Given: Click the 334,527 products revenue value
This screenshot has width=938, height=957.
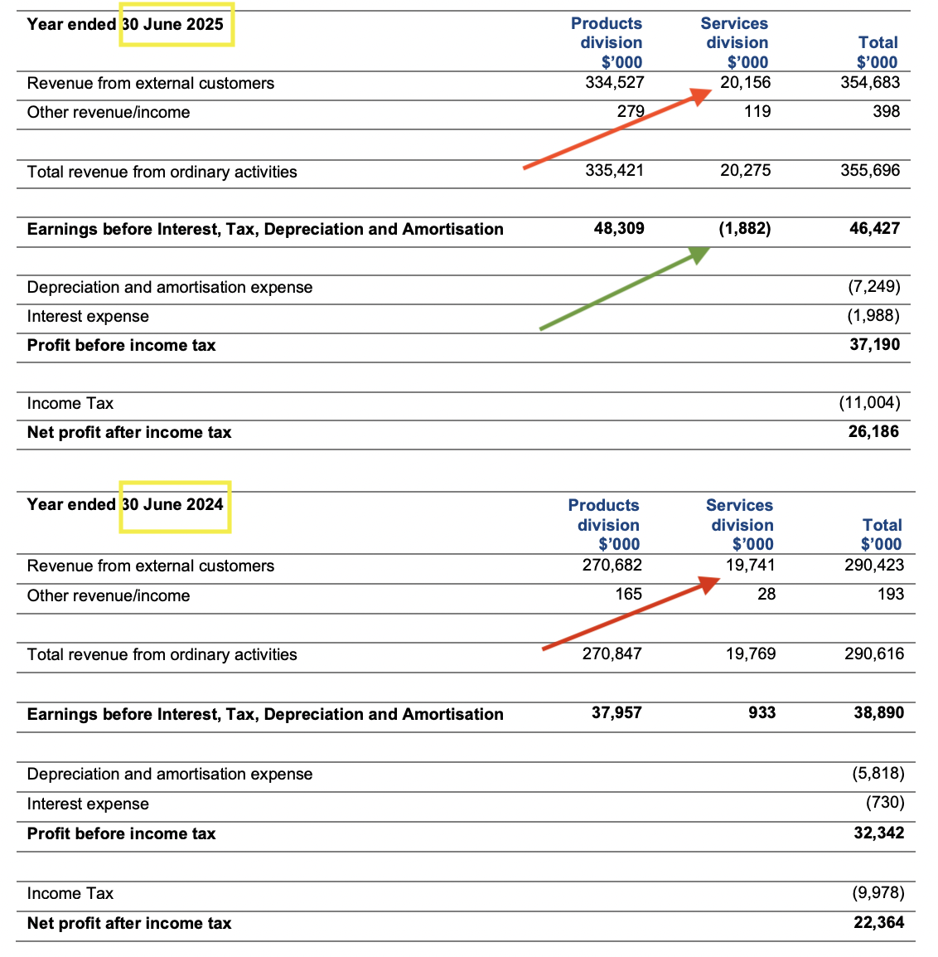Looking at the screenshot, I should pos(614,82).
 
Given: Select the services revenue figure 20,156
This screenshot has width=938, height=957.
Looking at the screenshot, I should pos(745,82).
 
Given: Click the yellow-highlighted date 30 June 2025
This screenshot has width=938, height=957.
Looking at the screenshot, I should pos(176,24).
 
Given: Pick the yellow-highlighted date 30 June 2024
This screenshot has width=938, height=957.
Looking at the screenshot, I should pos(175,505).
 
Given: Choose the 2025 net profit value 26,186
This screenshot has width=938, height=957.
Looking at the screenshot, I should pos(873,431).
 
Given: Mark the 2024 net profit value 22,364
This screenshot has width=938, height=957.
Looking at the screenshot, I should pos(878,922).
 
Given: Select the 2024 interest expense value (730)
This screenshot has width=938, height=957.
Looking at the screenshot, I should pos(885,802).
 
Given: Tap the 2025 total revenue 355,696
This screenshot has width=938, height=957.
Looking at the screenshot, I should pos(869,170).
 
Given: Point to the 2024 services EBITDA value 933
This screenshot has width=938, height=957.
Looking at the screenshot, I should pos(762,712).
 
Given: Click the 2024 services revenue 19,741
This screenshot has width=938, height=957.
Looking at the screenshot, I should pos(750,565).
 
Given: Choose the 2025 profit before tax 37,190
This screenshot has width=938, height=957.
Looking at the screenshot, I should pos(874,344).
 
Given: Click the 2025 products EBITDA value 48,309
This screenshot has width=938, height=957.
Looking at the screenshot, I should pos(619,228).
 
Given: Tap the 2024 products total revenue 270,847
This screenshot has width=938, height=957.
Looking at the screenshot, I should pos(612,653).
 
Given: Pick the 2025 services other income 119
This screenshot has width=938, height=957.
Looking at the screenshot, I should pos(757,111).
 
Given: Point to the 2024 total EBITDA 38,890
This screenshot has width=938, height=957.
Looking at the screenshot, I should pos(878,712).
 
